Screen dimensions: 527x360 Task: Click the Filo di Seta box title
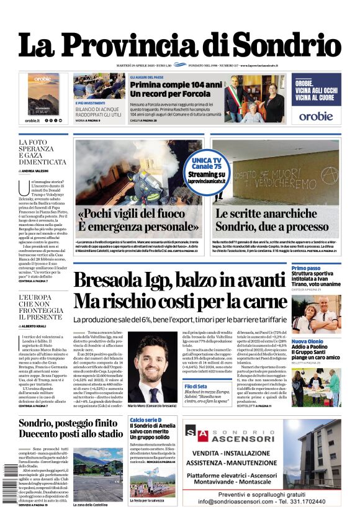point(199,387)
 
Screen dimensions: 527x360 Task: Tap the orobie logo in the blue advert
point(317,115)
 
